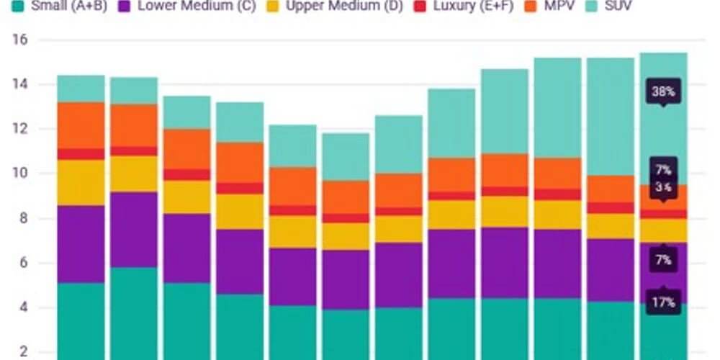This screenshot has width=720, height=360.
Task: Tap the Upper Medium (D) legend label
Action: click(x=334, y=6)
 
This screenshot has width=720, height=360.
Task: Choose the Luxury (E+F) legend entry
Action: click(x=470, y=6)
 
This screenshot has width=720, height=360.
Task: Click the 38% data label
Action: click(x=663, y=92)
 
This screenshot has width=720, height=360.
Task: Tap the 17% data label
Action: click(x=663, y=302)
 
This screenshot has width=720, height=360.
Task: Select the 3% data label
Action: click(x=663, y=187)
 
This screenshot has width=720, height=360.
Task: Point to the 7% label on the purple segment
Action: click(x=663, y=259)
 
